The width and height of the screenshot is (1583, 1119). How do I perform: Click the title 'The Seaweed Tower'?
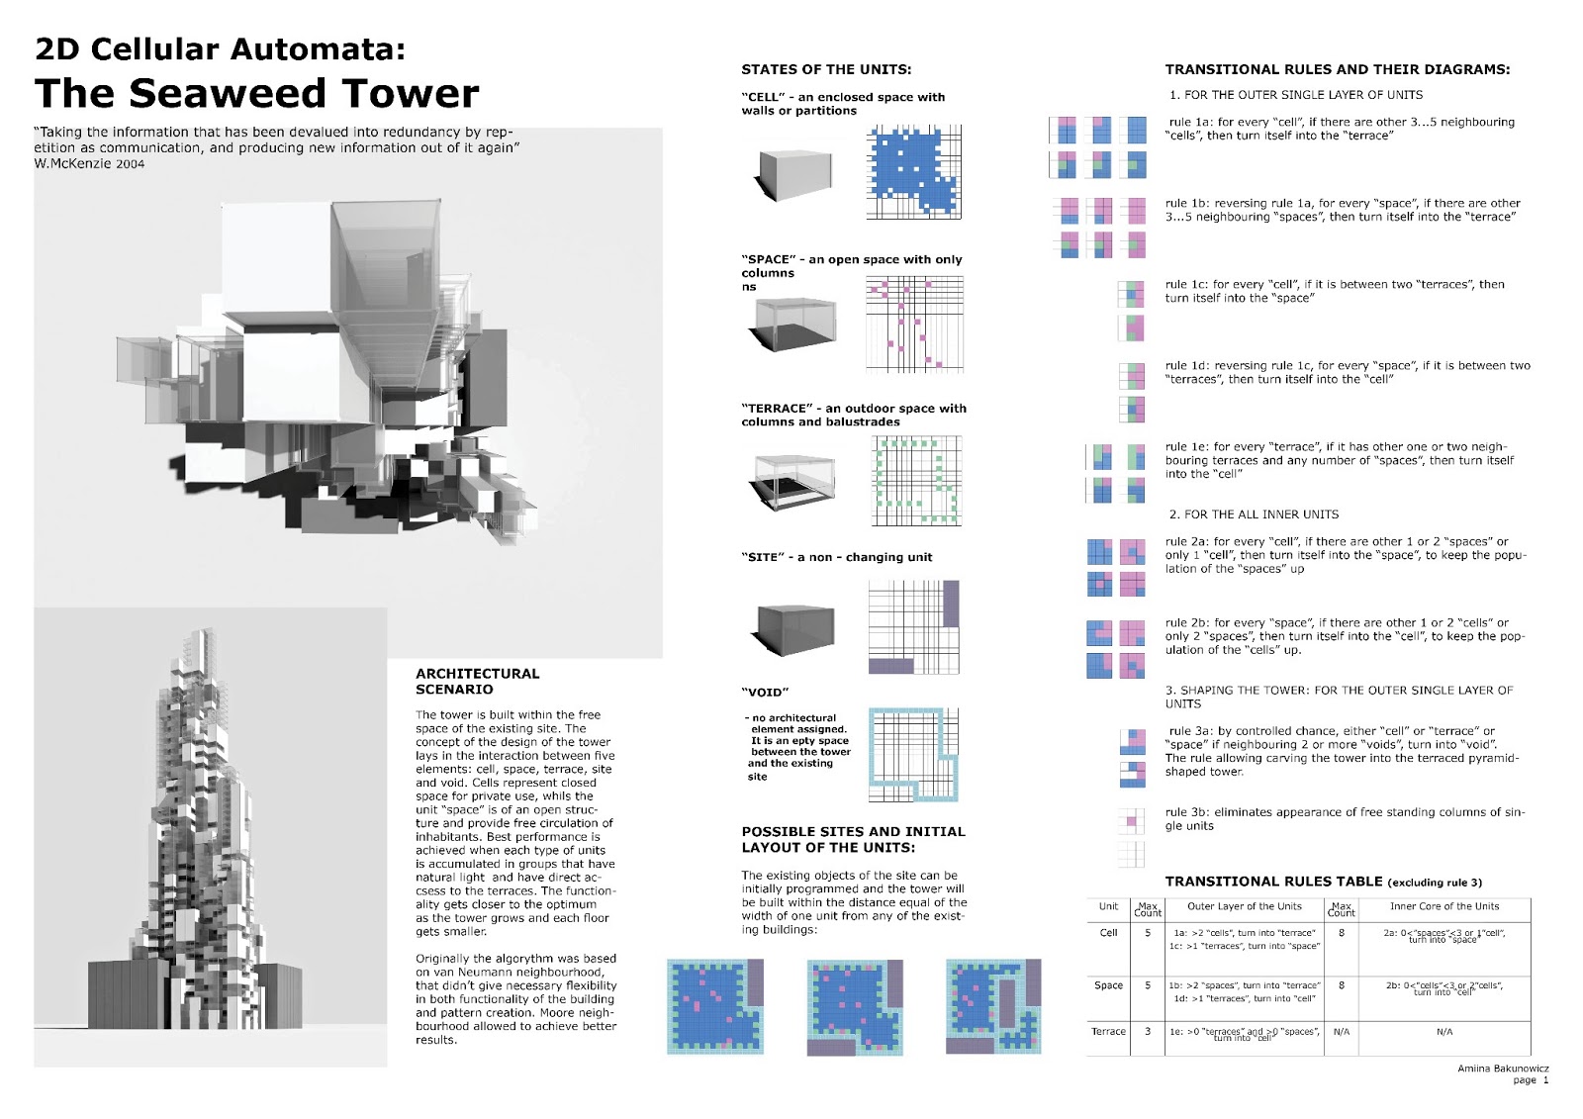[256, 93]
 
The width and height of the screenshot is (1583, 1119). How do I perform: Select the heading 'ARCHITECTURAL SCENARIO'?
[477, 681]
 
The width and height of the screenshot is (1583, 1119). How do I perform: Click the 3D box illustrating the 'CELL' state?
[796, 174]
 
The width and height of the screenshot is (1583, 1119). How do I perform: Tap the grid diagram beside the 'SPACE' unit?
[914, 324]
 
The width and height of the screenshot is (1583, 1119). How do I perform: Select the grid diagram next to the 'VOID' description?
[913, 754]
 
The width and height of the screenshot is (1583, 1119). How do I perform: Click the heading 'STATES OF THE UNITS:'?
[826, 69]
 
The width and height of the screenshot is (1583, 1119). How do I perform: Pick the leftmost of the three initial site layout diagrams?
[715, 1005]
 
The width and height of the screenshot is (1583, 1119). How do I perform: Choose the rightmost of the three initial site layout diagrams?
[993, 1005]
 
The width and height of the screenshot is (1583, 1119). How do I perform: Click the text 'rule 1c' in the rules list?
[1186, 285]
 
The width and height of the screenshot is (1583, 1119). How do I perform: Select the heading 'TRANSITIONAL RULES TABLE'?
[1273, 882]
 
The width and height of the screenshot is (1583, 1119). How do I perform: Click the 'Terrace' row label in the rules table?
[1108, 1031]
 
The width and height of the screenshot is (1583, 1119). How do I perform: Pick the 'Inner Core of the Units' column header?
[1443, 906]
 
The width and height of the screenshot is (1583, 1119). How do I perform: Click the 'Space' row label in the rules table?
[1108, 985]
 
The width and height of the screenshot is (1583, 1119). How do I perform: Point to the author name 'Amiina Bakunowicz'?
[1502, 1069]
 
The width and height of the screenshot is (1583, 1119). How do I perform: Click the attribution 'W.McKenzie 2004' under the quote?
[89, 164]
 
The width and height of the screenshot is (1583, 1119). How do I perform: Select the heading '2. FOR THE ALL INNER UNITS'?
[1253, 514]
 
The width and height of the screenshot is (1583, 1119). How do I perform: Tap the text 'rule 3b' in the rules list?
[1186, 812]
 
